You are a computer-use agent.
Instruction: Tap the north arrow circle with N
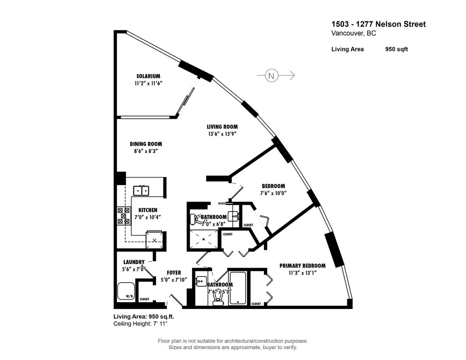tap(272, 76)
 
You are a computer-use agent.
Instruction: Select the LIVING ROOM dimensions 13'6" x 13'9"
tap(222, 134)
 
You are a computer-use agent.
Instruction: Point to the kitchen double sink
tap(141, 190)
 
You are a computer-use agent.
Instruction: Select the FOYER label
tap(174, 273)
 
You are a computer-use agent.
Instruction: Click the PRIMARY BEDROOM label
tap(302, 266)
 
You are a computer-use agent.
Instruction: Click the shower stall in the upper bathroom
tap(203, 238)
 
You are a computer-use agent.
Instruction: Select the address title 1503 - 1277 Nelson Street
tap(378, 24)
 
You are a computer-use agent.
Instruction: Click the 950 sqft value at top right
tap(396, 49)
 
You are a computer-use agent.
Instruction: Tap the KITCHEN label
tap(147, 210)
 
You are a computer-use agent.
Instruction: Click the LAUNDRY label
tap(134, 262)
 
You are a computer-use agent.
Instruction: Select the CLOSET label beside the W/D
tap(144, 299)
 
